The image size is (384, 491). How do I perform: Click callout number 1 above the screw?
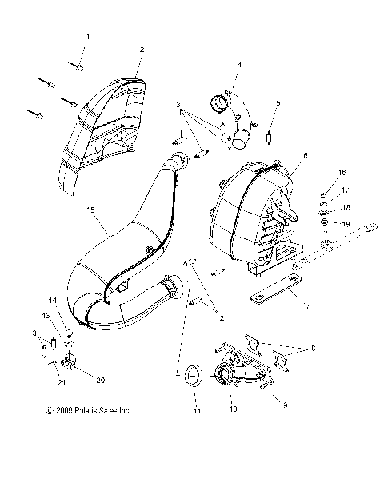pos(88,37)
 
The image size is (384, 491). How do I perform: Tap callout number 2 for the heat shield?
pos(142,50)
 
